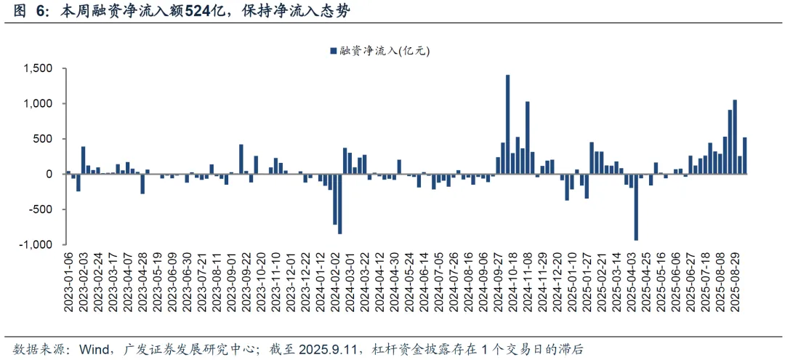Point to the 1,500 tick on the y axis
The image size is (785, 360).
[x=38, y=68]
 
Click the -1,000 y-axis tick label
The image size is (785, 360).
[x=36, y=244]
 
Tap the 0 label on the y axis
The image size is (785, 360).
[x=49, y=174]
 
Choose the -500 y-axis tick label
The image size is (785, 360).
[x=40, y=209]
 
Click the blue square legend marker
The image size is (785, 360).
[x=333, y=51]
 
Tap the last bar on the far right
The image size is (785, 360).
[x=744, y=156]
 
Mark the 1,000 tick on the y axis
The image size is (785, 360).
[x=38, y=104]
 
